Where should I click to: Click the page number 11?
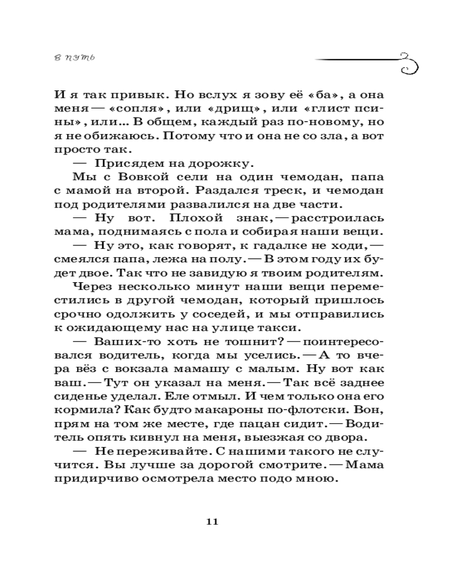[212, 521]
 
